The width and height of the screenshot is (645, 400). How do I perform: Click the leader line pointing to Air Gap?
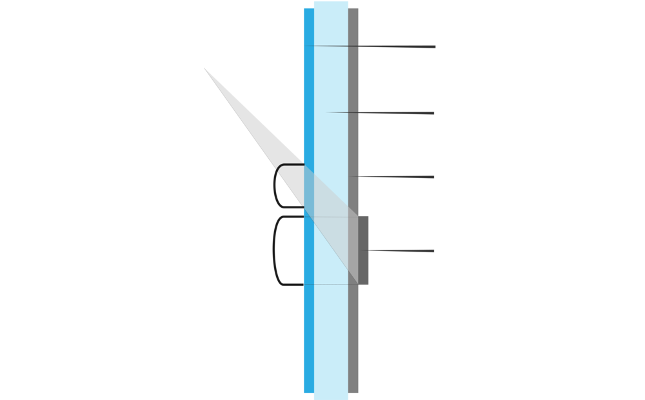click(x=381, y=114)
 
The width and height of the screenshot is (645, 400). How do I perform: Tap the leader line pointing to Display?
click(x=393, y=176)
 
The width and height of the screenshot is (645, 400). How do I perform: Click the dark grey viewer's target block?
click(x=363, y=250)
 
